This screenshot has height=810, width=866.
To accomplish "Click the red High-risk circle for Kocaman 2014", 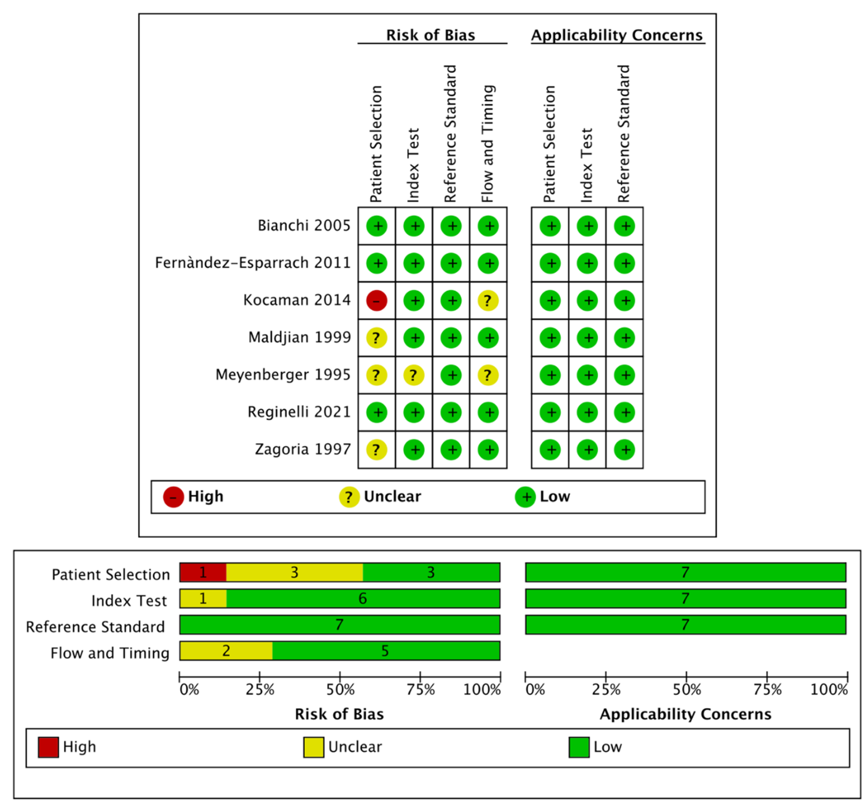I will pos(376,301).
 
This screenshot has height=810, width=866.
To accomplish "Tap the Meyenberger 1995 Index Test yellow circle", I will pos(413,375).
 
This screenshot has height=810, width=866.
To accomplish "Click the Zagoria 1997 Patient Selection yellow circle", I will pos(376,450).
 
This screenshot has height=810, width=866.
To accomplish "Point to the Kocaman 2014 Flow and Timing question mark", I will pos(488,301).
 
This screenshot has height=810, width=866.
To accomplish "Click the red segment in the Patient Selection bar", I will pos(203,572).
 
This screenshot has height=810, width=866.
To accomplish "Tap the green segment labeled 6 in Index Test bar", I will pos(362,598).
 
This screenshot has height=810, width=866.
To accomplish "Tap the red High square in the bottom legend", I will pos(48,747).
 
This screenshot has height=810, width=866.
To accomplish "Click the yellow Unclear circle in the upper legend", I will pos(349,497).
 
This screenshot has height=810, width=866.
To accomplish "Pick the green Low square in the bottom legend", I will pos(579,747).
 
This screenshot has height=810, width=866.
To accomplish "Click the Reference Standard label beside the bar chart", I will pos(95,627).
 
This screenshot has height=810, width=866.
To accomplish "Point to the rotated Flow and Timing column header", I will pos(488,144).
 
